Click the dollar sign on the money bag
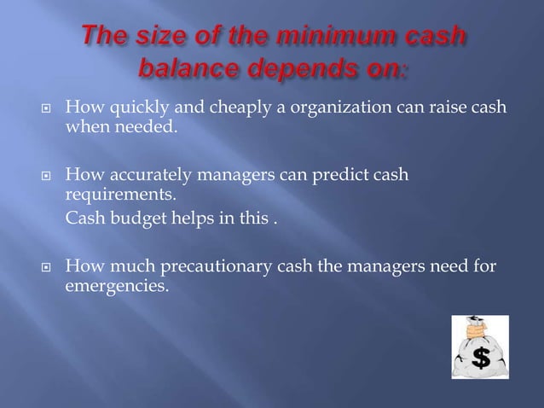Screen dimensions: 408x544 coord(479,358)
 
